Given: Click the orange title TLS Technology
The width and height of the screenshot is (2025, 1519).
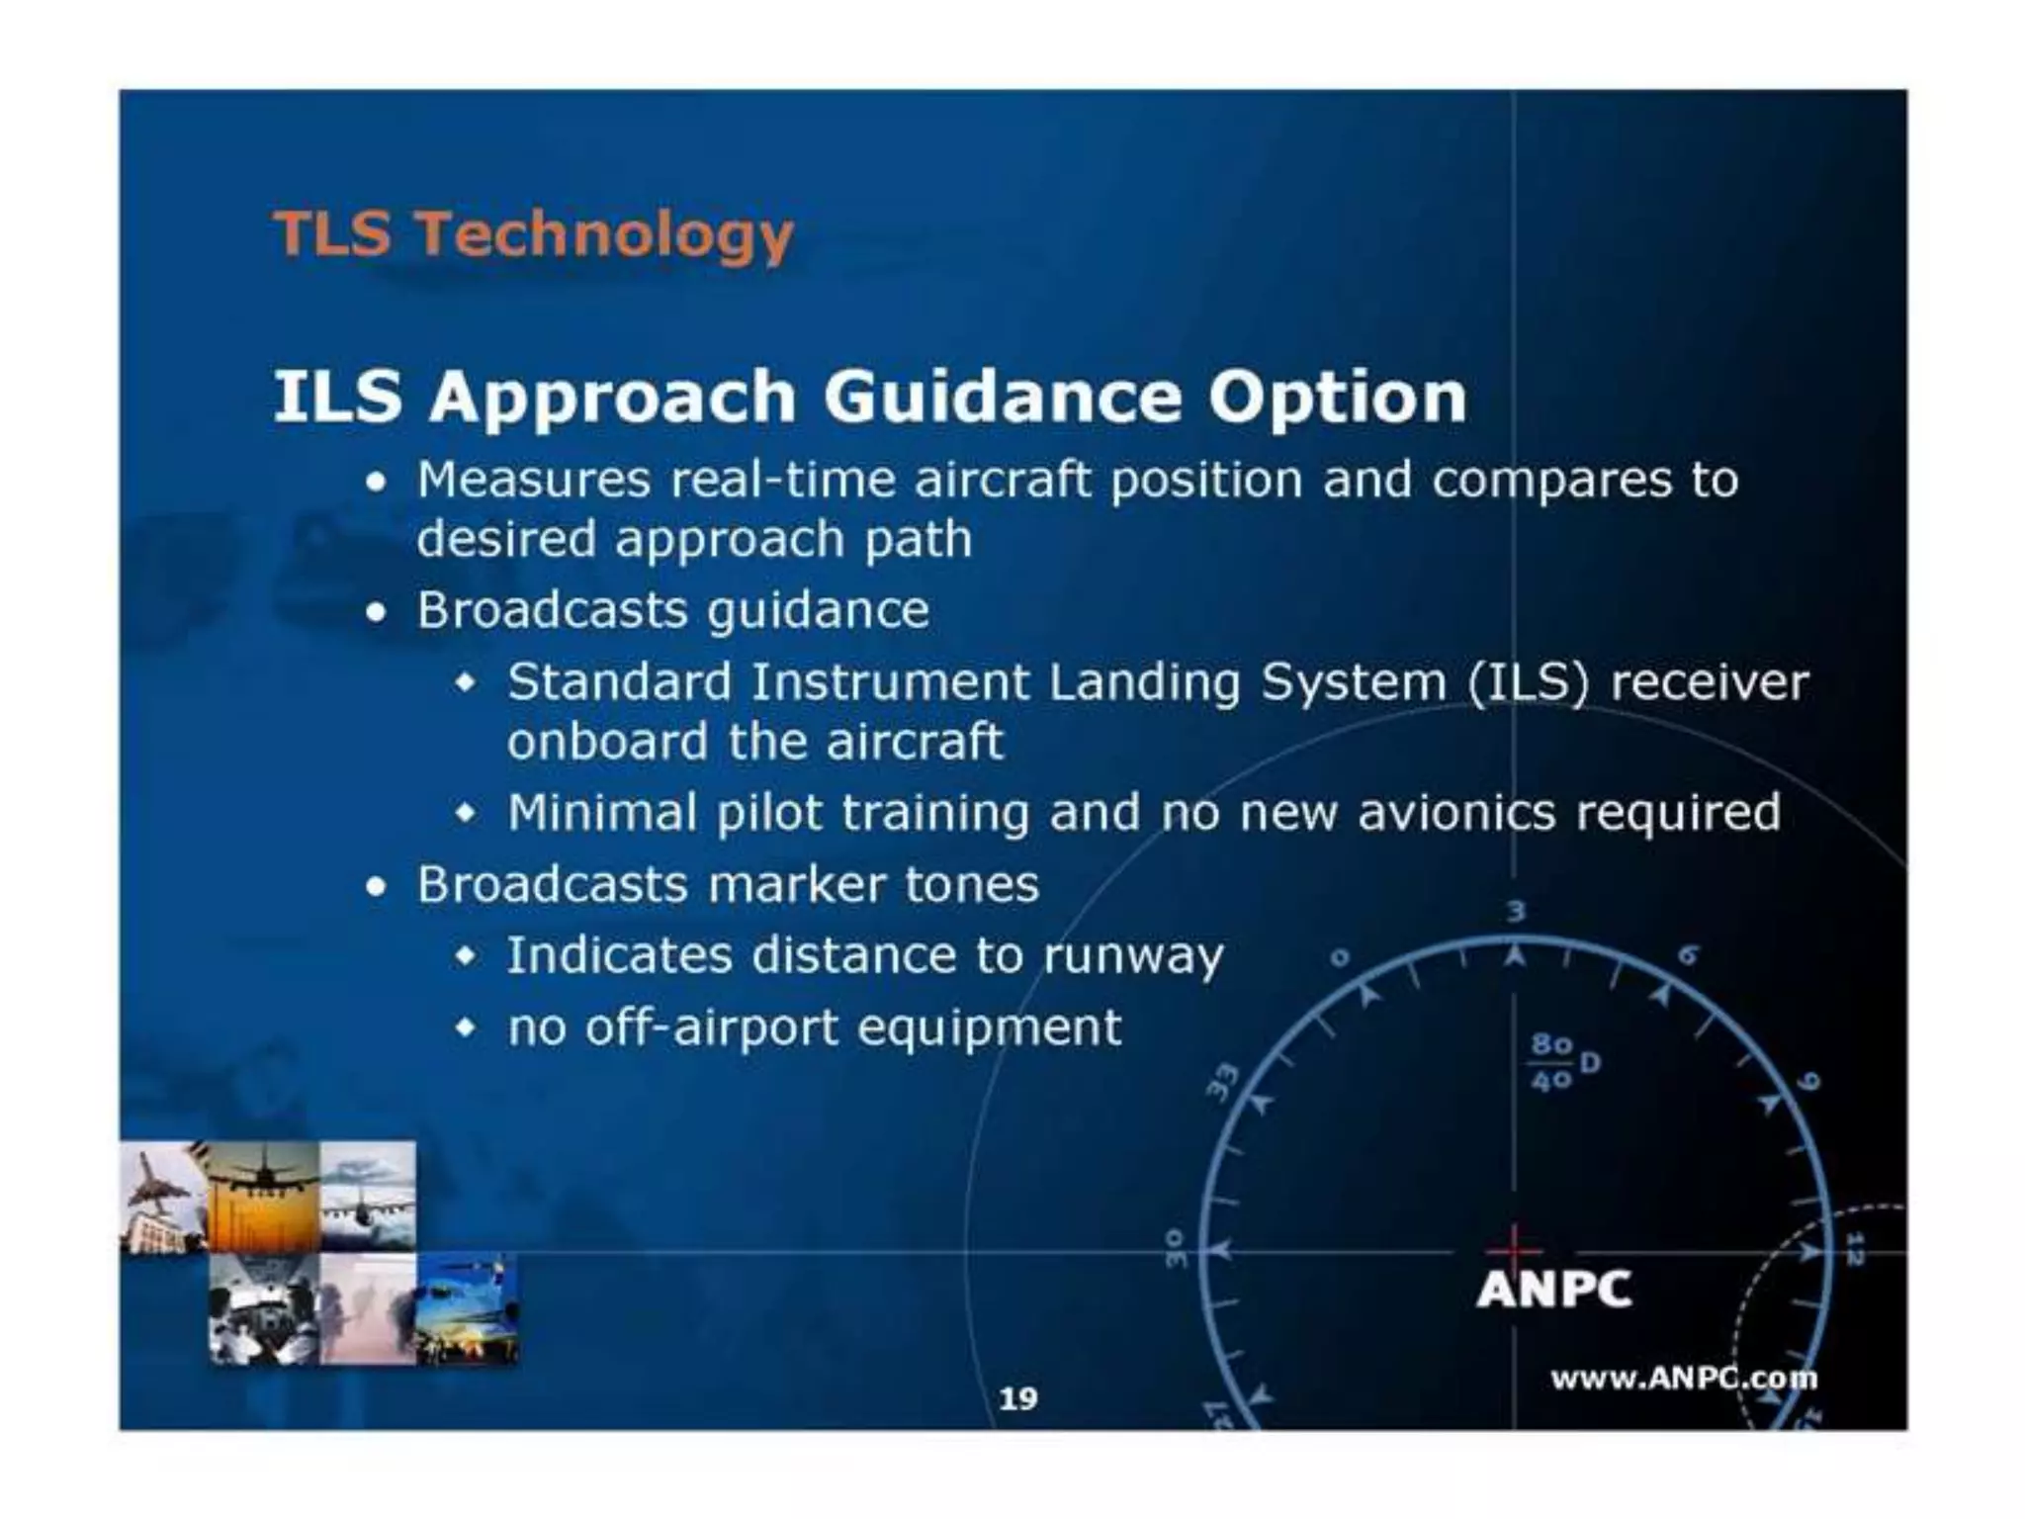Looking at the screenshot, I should pos(533,234).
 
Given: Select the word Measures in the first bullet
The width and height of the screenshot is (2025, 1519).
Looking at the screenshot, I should pos(533,480).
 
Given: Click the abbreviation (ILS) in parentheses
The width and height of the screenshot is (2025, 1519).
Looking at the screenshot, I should pos(1527,682).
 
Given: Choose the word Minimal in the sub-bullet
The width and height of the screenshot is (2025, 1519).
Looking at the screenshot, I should pos(602,813).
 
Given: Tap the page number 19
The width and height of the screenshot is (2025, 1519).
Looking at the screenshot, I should pos(1017,1398).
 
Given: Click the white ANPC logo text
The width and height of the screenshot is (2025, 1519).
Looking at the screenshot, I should pos(1553,1290).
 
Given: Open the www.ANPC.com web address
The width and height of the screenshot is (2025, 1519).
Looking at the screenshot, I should pos(1682,1378).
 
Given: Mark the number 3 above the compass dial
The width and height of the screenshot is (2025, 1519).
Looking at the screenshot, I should pos(1515,911).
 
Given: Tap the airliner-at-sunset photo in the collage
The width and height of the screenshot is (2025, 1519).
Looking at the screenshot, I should pos(263,1197).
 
